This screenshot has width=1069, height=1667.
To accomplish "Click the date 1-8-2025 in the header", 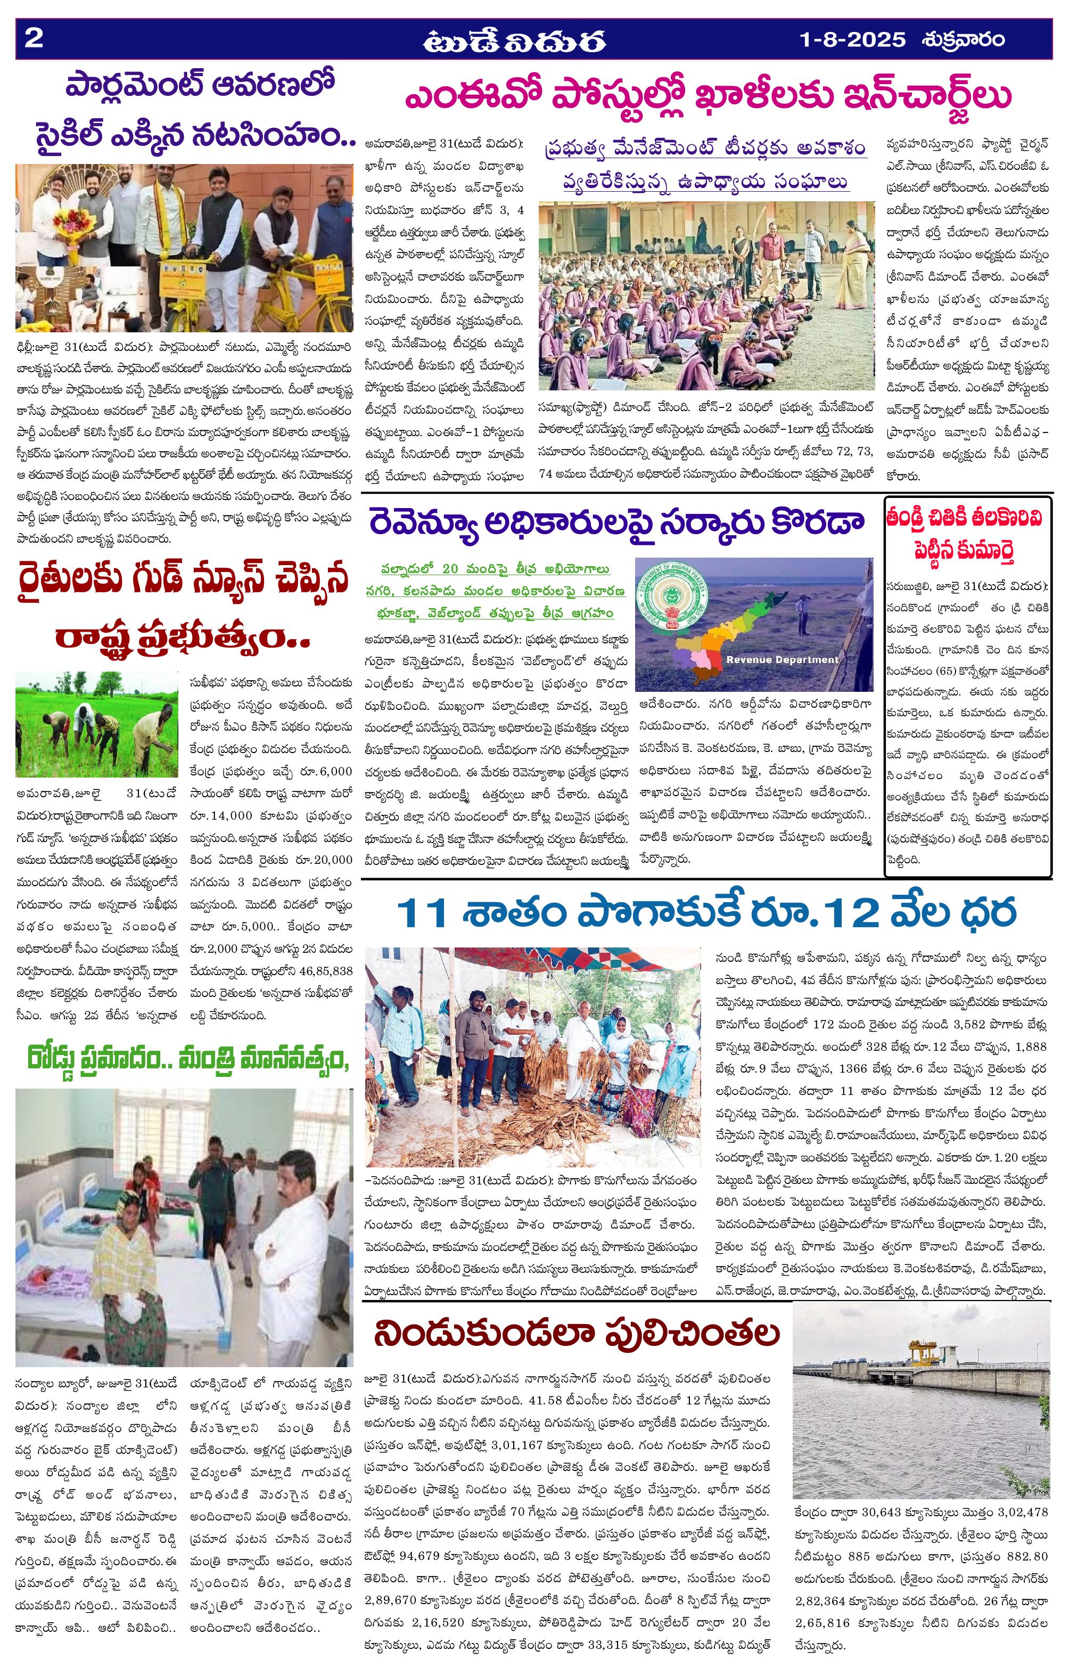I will click(x=852, y=39).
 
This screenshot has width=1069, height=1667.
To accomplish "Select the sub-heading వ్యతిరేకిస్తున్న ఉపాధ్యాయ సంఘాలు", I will click(x=705, y=182).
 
